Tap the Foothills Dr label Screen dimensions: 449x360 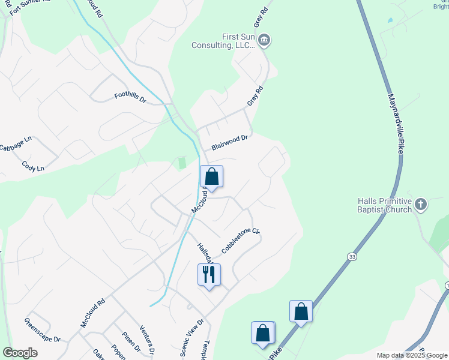130,97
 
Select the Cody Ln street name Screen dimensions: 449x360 33,166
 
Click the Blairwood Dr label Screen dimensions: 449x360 229,142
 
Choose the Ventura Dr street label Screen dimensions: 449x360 148,340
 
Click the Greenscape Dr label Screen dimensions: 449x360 42,331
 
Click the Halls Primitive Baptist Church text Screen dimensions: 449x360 384,205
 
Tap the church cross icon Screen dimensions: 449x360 421,205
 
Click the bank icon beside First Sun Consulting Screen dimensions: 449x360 265,41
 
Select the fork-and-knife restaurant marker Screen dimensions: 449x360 209,275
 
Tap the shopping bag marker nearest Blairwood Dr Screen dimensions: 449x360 211,176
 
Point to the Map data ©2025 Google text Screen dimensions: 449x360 411,355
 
